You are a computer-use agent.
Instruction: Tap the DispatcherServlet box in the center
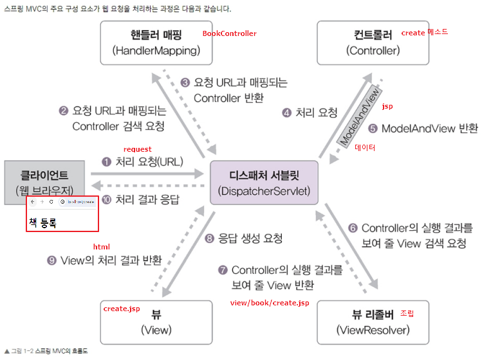click(x=264, y=183)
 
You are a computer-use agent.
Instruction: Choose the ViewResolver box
click(x=373, y=321)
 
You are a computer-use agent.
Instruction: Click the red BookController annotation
click(x=229, y=33)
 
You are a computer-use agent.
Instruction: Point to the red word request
click(x=137, y=149)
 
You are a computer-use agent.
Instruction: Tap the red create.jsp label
click(x=122, y=309)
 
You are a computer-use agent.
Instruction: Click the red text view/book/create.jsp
click(x=270, y=301)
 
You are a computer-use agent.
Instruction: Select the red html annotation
click(x=101, y=246)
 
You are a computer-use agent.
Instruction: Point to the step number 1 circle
click(x=106, y=162)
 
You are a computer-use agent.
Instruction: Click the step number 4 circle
click(x=286, y=113)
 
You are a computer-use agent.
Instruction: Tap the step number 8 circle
click(x=209, y=239)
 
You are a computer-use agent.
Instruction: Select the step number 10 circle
click(x=106, y=199)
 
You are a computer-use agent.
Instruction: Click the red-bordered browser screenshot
click(x=62, y=213)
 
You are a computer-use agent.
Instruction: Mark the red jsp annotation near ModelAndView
click(x=387, y=106)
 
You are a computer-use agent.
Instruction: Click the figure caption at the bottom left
click(x=45, y=351)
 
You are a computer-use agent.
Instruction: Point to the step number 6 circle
click(x=353, y=228)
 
